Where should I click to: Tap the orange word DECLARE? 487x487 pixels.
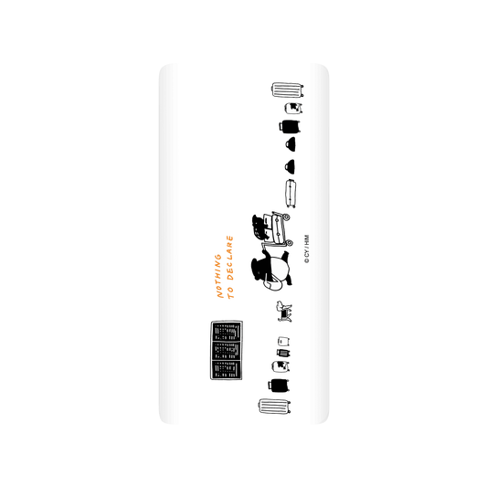(229, 258)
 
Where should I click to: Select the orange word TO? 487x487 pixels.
(230, 293)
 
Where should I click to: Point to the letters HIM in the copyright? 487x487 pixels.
(307, 240)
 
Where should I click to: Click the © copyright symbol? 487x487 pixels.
(307, 261)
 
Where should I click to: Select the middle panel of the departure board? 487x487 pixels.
(227, 350)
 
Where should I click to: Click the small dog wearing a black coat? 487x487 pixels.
(284, 312)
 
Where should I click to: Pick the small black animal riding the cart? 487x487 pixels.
(259, 227)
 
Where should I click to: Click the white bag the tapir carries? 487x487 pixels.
(272, 284)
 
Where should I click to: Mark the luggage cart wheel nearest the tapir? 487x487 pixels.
(289, 242)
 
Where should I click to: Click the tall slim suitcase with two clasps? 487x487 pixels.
(291, 193)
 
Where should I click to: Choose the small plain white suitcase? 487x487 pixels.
(284, 341)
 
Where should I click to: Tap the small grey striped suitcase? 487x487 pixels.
(283, 353)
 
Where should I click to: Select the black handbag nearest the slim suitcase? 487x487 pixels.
(290, 167)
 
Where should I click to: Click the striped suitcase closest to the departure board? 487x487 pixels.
(274, 407)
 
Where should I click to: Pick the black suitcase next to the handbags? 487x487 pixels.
(290, 126)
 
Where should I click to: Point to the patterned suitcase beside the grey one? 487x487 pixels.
(281, 366)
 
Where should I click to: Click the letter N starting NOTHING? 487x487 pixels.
(219, 294)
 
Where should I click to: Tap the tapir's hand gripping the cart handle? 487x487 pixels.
(265, 249)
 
